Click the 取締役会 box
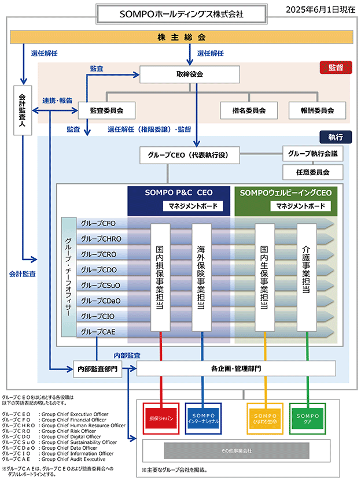pos(189,74)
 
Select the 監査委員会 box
pos(106,110)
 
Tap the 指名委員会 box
pos(249,110)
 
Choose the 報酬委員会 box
pos(317,110)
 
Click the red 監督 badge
pos(336,68)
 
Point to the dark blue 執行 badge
pos(336,137)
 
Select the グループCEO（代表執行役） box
pos(189,155)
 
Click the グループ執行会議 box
pos(312,154)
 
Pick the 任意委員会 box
pos(312,172)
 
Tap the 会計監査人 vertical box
pos(23,110)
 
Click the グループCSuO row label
pos(101,285)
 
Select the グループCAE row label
pos(98,332)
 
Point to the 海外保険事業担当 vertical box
pos(201,277)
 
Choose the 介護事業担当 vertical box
pos(307,277)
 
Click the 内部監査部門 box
pos(97,369)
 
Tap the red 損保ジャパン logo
pos(161,419)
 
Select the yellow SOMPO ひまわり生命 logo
pos(265,419)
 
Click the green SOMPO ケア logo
pos(307,419)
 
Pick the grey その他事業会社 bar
pos(237,450)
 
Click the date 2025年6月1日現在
pos(321,10)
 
